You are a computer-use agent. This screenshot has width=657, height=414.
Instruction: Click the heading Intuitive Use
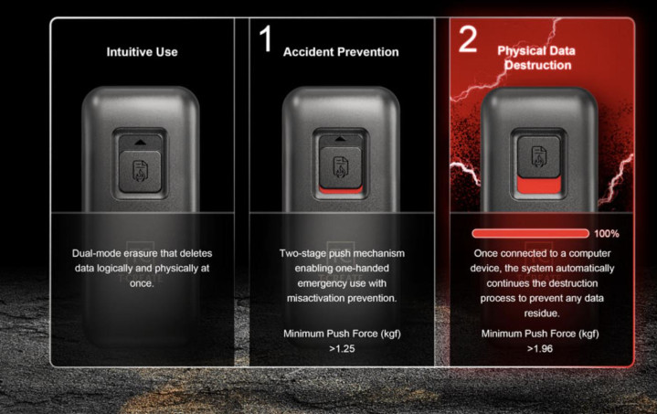coord(142,52)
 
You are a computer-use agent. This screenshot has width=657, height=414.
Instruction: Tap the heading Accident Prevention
coord(341,52)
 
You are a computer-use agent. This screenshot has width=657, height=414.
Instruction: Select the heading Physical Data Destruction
coord(536,58)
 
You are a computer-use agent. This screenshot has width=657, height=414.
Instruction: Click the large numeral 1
coord(266,38)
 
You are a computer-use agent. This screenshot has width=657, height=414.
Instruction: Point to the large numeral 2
coord(468,38)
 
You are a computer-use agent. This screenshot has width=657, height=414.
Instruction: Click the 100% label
coord(607,234)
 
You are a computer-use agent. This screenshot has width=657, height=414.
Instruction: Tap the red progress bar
coord(531,233)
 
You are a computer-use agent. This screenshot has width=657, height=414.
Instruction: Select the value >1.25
coord(342,348)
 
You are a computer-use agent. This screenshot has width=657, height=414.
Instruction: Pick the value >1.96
coord(540,348)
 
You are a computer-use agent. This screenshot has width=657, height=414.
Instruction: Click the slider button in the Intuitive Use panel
coord(141,172)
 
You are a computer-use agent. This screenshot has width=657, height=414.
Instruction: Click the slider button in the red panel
coord(539,156)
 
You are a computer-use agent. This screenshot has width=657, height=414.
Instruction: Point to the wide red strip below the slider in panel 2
coord(539,185)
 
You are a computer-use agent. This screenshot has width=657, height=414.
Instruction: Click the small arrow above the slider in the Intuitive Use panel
coord(140,143)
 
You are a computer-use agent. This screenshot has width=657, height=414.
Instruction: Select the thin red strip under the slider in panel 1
coord(341,190)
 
